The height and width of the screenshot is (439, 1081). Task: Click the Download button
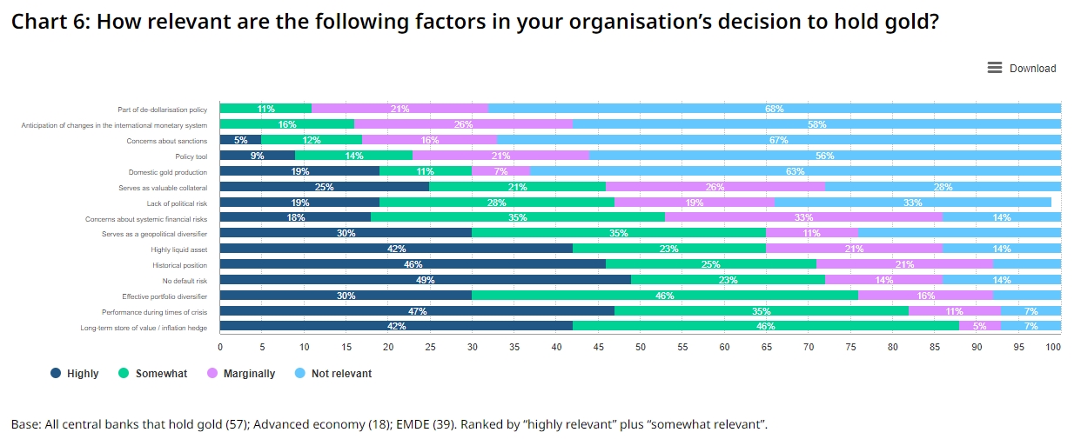pos(1022,69)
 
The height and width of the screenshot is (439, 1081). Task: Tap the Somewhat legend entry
pos(153,374)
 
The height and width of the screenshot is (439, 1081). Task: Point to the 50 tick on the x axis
pos(641,347)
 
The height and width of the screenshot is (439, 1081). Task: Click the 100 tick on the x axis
pos(1053,347)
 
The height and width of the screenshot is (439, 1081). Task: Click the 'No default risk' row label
pos(185,281)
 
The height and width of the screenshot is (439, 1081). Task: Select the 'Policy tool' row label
pos(191,156)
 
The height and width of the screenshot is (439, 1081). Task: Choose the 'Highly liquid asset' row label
pos(179,249)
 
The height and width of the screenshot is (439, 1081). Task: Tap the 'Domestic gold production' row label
pos(168,172)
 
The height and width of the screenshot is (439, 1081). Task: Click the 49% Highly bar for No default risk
pos(425,280)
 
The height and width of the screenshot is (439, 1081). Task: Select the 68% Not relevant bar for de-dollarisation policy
pos(775,109)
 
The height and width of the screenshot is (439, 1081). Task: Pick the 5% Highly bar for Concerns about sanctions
pos(240,140)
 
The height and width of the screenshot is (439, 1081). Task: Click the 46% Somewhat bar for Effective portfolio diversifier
pos(665,296)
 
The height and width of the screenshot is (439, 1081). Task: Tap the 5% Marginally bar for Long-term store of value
pos(980,326)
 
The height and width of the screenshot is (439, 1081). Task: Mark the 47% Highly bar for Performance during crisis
pos(417,310)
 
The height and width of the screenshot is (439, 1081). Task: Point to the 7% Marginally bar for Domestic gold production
pos(500,171)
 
